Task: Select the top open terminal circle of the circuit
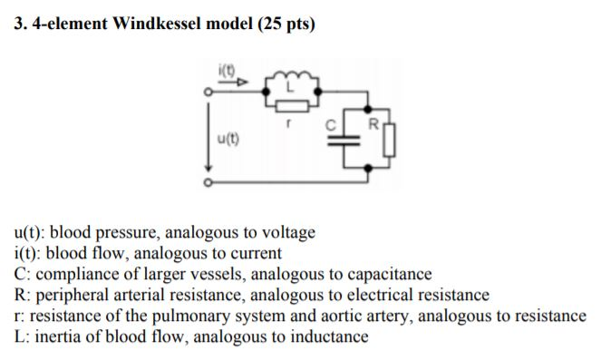(208, 92)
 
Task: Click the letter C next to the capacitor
(333, 121)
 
